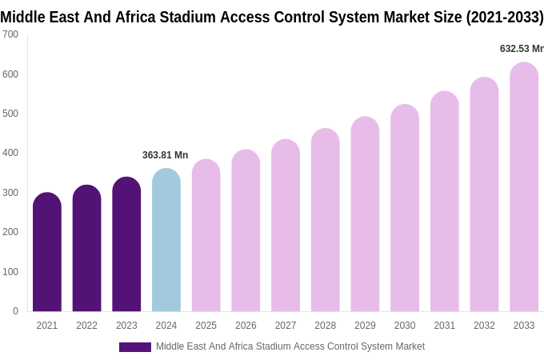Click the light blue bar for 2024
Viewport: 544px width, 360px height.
tap(166, 240)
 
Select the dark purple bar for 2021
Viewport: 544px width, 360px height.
tap(47, 252)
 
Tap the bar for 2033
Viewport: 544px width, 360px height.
tap(524, 187)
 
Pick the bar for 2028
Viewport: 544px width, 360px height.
tap(325, 220)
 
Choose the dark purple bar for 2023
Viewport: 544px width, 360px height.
tap(126, 244)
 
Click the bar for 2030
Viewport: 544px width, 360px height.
tap(405, 208)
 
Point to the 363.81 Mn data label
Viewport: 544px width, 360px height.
tap(165, 155)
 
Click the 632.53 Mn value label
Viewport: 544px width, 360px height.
tap(521, 49)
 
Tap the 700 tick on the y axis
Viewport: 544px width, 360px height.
tap(10, 34)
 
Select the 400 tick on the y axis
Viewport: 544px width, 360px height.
tap(10, 153)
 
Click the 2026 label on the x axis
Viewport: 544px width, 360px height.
tap(246, 326)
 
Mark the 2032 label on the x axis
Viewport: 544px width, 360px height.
tap(484, 326)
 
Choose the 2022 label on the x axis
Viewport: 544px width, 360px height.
tap(86, 326)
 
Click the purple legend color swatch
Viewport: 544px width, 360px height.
tap(134, 347)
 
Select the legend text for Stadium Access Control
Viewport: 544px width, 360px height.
tap(290, 346)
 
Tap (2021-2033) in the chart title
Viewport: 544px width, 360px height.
tap(505, 17)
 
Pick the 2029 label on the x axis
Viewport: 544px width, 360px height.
tap(365, 326)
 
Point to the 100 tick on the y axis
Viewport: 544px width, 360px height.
tap(10, 272)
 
